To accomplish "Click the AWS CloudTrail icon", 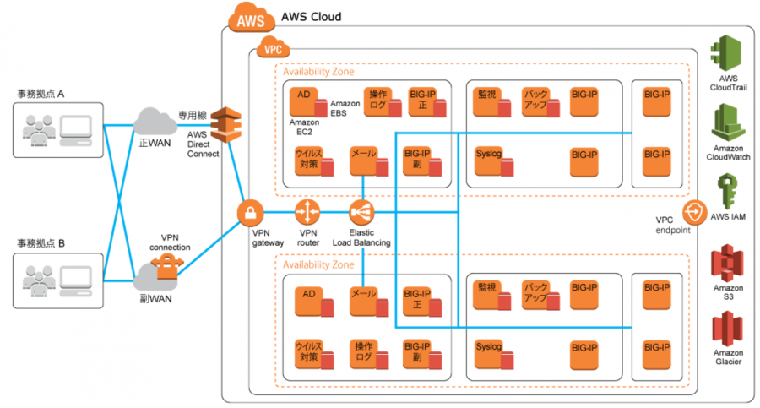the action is pyautogui.click(x=727, y=53).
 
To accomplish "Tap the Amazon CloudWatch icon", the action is pyautogui.click(x=728, y=122).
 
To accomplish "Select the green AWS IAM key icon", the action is pyautogui.click(x=728, y=192).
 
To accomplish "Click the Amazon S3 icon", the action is pyautogui.click(x=728, y=264).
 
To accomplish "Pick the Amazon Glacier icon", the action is pyautogui.click(x=728, y=329).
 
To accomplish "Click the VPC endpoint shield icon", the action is pyautogui.click(x=695, y=213).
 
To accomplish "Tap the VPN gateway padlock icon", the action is pyautogui.click(x=250, y=213).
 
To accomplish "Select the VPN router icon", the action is pyautogui.click(x=307, y=213).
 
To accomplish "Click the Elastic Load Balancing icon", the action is pyautogui.click(x=361, y=213).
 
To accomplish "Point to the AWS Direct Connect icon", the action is pyautogui.click(x=225, y=125).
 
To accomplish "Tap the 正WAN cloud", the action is pyautogui.click(x=155, y=122).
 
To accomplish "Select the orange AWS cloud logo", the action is pyautogui.click(x=251, y=18).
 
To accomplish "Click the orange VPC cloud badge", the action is pyautogui.click(x=273, y=47).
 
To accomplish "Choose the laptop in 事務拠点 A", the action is pyautogui.click(x=76, y=130).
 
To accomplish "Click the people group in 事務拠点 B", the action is pyautogui.click(x=39, y=281).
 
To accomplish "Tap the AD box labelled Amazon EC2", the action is pyautogui.click(x=303, y=101).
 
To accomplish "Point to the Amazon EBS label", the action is pyautogui.click(x=345, y=108).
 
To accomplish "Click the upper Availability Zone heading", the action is pyautogui.click(x=318, y=72).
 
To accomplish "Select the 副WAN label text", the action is pyautogui.click(x=155, y=299).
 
